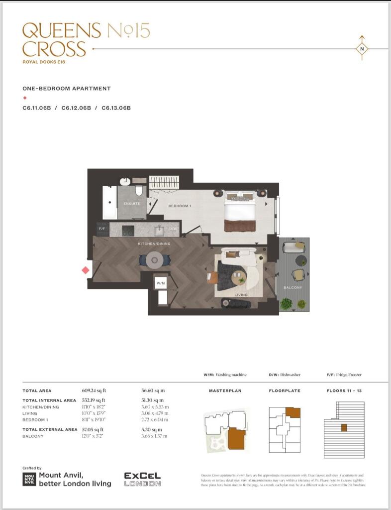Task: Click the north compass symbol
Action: coord(362,48)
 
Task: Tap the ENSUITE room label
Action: coord(132,203)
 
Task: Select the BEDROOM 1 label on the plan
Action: coord(179,206)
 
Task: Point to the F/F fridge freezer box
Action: coord(102,229)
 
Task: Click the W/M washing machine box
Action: coord(160,283)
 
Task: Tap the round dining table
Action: coord(155,258)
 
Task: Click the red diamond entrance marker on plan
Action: coord(86,270)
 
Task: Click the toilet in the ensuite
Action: coord(140,191)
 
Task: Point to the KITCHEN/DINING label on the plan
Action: coord(154,244)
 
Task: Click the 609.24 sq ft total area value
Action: coord(94,390)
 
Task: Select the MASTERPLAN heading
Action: coord(225,390)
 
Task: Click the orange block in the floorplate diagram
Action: coord(293,412)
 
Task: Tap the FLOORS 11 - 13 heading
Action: coord(344,390)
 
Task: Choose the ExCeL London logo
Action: coord(142,480)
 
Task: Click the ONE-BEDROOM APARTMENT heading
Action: coord(67,88)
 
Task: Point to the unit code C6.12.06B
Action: coord(76,108)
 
